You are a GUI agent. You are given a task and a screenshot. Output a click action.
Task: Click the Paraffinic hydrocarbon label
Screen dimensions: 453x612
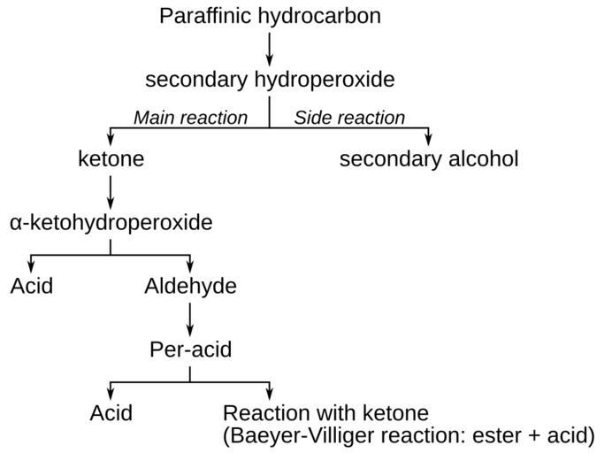[x=270, y=15]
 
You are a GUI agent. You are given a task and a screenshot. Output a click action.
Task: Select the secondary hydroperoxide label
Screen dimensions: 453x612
[x=270, y=80]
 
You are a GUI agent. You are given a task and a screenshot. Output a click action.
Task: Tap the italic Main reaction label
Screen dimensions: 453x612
[x=190, y=118]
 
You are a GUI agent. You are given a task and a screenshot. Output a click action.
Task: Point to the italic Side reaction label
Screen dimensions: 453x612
[x=349, y=118]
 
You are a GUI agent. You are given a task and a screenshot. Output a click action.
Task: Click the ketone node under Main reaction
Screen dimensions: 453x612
[x=111, y=159]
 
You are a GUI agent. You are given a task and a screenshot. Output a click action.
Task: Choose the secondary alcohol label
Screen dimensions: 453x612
[x=429, y=159]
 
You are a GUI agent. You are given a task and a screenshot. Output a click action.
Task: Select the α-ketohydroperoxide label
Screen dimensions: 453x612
[x=111, y=222]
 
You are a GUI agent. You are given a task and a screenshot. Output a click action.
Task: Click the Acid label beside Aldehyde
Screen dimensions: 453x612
[x=32, y=286]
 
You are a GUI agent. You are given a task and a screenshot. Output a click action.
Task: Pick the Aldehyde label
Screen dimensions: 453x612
[x=190, y=286]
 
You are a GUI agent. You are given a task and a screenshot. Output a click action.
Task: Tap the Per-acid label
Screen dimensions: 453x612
[x=190, y=349]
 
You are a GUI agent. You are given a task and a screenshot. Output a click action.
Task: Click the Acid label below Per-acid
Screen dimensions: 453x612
[x=111, y=413]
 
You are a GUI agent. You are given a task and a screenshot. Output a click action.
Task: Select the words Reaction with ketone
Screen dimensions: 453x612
[x=325, y=413]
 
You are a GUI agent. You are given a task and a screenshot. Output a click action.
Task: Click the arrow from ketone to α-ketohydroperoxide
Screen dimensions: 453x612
[x=111, y=191]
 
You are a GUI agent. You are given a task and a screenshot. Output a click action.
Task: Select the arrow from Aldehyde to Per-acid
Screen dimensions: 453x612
[x=190, y=319]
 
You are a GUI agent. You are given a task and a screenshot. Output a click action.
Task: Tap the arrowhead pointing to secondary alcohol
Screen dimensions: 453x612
[x=429, y=140]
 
